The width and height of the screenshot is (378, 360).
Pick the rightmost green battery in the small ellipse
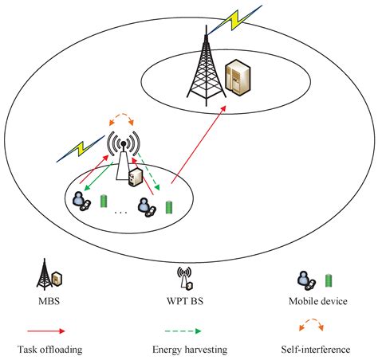click(x=169, y=207)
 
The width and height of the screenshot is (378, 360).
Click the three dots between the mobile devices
click(x=121, y=213)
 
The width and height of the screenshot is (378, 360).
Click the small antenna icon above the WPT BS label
click(x=184, y=280)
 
